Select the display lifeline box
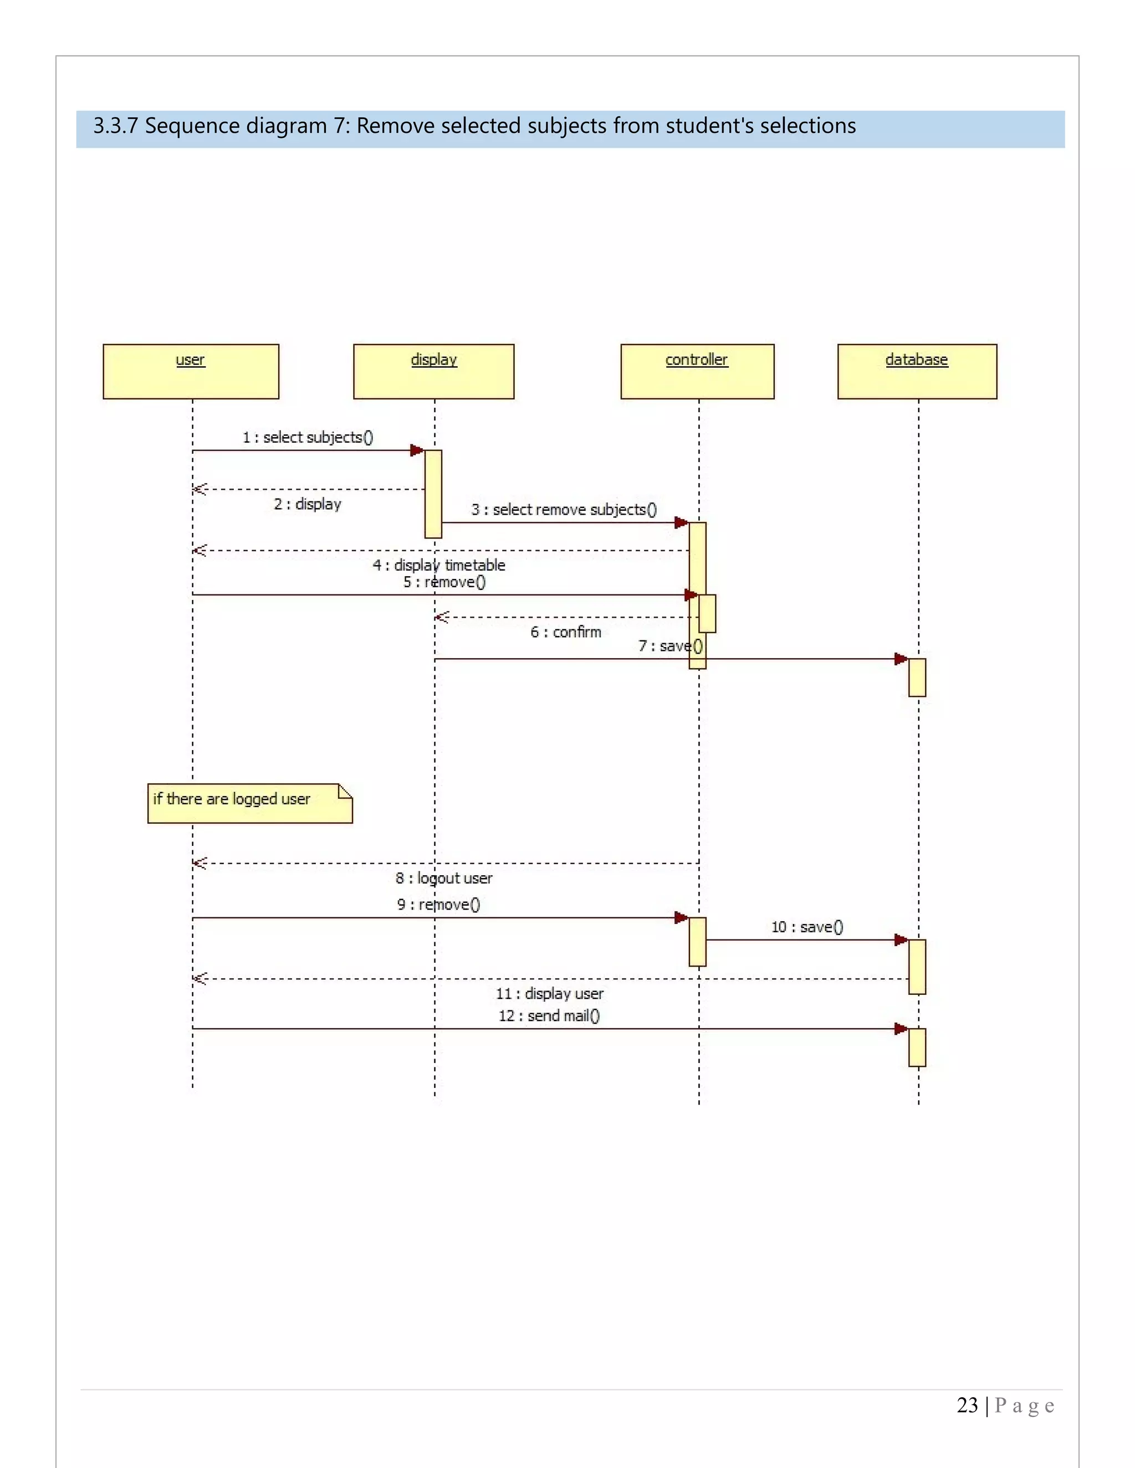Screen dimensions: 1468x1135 (434, 371)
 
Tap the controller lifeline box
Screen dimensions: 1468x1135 (697, 371)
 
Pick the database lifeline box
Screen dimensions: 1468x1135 (917, 371)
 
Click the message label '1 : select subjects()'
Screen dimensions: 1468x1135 (307, 438)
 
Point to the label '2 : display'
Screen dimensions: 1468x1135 (307, 504)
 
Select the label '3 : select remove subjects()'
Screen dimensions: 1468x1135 (564, 510)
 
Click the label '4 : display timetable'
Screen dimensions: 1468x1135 (438, 565)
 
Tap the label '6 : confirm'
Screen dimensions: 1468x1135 (565, 632)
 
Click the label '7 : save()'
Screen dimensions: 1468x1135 (669, 646)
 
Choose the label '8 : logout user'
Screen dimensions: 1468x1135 (444, 878)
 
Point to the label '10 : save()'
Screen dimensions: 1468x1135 (807, 927)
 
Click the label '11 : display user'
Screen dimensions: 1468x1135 (549, 993)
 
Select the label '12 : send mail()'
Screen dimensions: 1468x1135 (549, 1015)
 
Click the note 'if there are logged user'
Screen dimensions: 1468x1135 (249, 803)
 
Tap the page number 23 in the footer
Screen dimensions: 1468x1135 (967, 1405)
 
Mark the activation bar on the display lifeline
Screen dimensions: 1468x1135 (433, 494)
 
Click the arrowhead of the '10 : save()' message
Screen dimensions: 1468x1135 (901, 940)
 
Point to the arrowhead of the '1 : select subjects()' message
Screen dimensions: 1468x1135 (417, 450)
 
